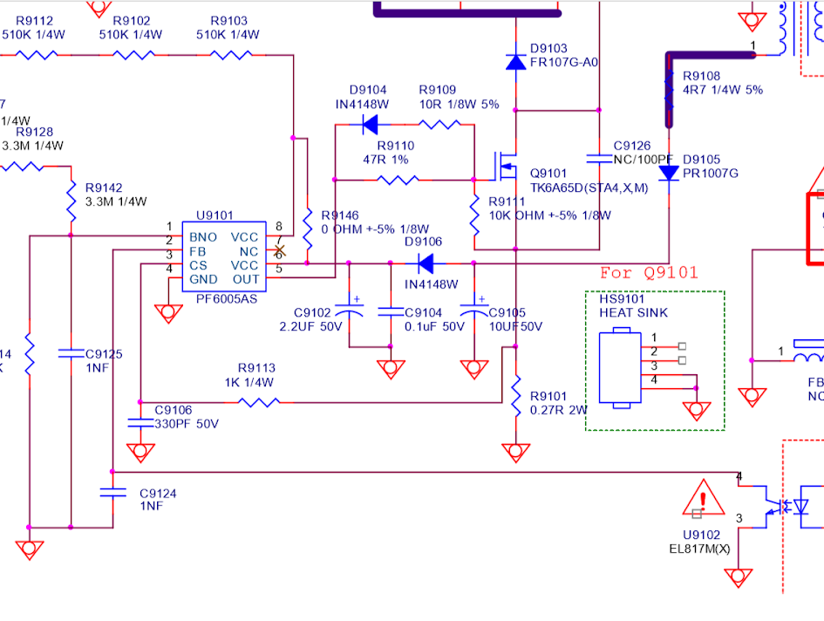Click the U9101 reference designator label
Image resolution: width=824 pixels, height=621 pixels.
pyautogui.click(x=215, y=215)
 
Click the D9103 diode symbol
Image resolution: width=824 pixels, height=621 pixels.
pyautogui.click(x=515, y=61)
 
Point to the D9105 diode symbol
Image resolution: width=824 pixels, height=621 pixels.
pyautogui.click(x=669, y=173)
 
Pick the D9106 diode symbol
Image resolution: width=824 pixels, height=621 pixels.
pyautogui.click(x=426, y=263)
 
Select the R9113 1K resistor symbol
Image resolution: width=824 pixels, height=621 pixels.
pyautogui.click(x=259, y=402)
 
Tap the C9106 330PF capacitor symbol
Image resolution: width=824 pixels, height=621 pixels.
pyautogui.click(x=140, y=423)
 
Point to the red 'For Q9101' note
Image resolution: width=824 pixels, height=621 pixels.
pyautogui.click(x=649, y=273)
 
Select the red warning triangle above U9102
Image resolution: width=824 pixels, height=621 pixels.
pyautogui.click(x=703, y=498)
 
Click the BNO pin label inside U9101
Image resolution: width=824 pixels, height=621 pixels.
pyautogui.click(x=204, y=237)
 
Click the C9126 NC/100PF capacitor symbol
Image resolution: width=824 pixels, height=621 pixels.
pyautogui.click(x=599, y=159)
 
